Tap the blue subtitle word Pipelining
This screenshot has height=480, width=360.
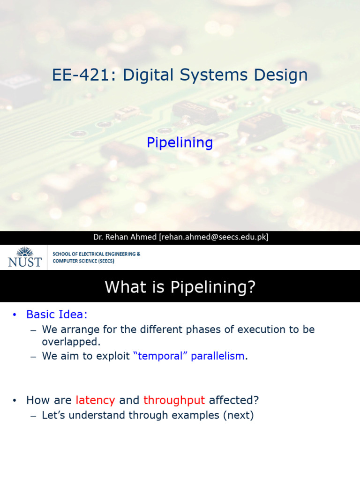coord(180,142)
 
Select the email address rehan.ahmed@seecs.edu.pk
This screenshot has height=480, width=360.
coord(214,237)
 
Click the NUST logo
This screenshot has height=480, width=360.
coord(25,257)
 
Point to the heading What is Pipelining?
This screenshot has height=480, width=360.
coord(180,286)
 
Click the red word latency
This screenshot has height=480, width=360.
coord(95,400)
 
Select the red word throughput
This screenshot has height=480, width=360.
coord(174,400)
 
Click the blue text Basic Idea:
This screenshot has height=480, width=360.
coord(57,314)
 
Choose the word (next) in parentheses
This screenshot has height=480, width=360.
coord(238,415)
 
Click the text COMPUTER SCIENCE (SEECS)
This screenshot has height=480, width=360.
coord(83,261)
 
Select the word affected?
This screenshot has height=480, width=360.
coord(234,400)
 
